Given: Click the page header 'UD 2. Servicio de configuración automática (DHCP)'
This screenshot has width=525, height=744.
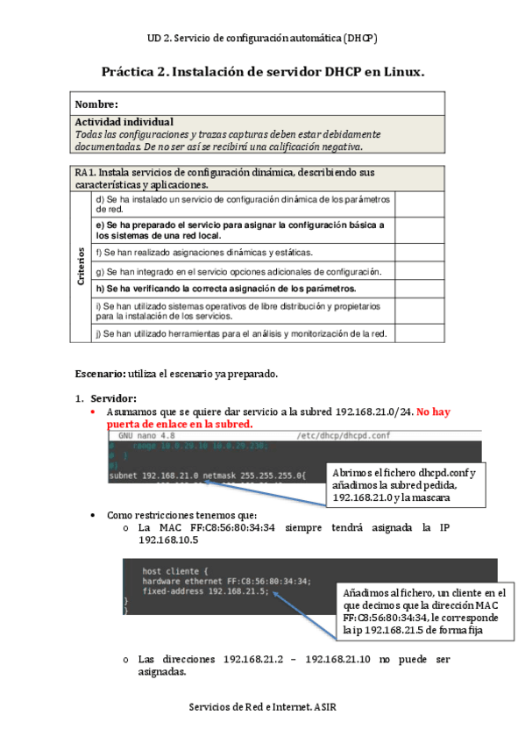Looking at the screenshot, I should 262,39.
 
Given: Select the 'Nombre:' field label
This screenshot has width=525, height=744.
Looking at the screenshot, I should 96,104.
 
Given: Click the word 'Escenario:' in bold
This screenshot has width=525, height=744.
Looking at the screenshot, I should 100,374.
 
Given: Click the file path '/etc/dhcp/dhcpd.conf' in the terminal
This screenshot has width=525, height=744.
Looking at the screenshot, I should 343,435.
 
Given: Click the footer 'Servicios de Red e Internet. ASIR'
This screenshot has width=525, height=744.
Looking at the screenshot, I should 262,706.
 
